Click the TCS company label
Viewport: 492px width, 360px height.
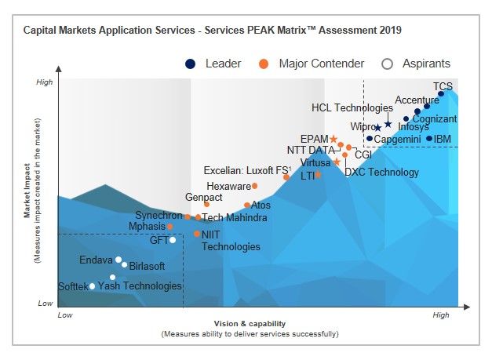tap(443, 85)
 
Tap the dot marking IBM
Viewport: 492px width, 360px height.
tap(429, 139)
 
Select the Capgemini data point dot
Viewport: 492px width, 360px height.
tap(370, 139)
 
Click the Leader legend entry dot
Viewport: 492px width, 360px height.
tap(190, 64)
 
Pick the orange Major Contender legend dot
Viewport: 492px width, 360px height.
tap(264, 64)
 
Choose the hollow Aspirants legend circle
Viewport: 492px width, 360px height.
tap(387, 64)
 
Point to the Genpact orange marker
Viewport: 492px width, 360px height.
tap(206, 205)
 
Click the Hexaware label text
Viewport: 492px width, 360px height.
tap(228, 186)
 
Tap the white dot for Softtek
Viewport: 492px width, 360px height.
tap(92, 286)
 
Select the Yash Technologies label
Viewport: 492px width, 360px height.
tap(140, 286)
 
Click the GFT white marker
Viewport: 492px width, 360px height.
tap(172, 240)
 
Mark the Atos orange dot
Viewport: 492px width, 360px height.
tap(247, 205)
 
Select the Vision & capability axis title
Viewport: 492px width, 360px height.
tap(250, 324)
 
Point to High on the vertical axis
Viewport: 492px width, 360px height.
tap(45, 82)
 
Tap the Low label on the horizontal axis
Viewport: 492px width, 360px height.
tap(66, 315)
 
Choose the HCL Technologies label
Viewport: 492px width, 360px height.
tap(352, 107)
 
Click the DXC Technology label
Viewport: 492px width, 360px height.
tap(382, 172)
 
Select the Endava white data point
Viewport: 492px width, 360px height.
tap(118, 260)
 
